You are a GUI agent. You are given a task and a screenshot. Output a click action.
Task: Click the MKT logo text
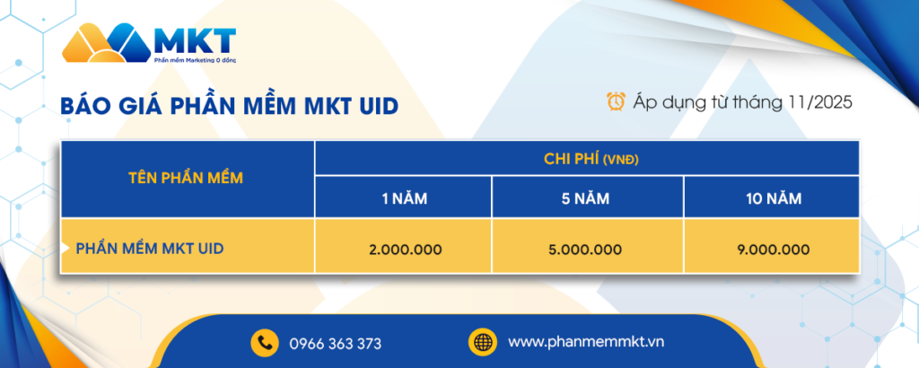[x=194, y=40]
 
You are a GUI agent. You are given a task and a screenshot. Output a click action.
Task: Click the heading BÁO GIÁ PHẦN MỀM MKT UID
[x=230, y=106]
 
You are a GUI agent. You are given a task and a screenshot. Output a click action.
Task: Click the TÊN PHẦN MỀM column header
[x=187, y=178]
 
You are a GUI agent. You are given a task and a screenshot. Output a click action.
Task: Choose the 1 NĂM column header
[x=403, y=198]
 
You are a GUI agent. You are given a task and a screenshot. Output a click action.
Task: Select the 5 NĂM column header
[x=587, y=198]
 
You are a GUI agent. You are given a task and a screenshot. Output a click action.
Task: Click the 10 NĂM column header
[x=771, y=198]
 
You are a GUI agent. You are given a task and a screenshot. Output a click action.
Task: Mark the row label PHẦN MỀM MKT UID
[x=149, y=247]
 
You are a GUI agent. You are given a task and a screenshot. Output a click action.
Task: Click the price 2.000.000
[x=405, y=249]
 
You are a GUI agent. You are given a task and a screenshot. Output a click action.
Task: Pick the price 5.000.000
[x=586, y=249]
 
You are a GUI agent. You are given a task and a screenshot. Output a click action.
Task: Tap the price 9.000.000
[x=772, y=249]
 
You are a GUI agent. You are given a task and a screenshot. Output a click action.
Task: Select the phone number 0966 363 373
[x=336, y=343]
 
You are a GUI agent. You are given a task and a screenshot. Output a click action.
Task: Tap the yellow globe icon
[x=482, y=342]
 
